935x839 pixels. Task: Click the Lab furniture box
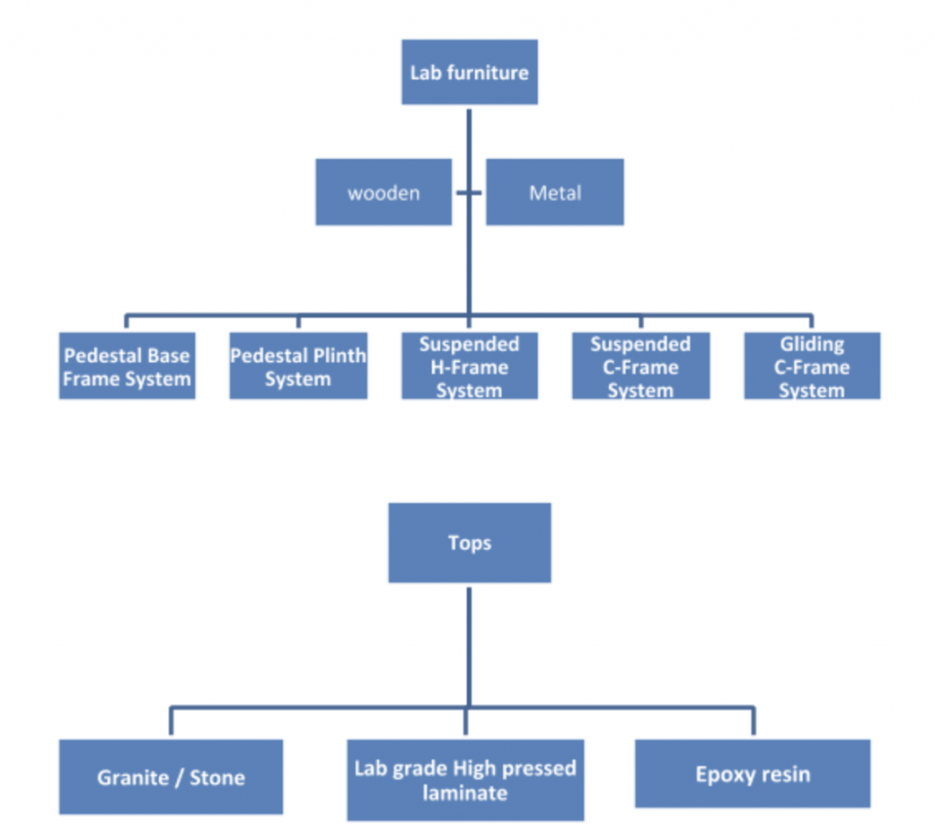469,72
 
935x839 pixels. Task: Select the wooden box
383,193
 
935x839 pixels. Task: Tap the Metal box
554,193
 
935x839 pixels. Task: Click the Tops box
469,543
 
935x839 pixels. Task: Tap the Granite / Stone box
171,777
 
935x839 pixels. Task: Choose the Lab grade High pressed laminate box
465,780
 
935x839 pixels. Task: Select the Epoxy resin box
752,774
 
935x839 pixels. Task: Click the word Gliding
812,344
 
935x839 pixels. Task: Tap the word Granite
134,778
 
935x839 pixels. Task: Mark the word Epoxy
722,775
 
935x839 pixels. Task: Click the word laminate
465,792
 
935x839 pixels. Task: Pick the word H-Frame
469,367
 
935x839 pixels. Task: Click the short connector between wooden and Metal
468,193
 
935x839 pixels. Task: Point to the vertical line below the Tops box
468,644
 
